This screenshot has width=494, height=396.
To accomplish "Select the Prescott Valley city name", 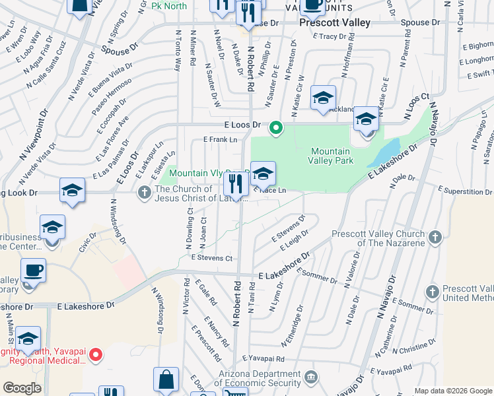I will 328,22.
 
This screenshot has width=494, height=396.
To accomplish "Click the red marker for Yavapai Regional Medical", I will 95,355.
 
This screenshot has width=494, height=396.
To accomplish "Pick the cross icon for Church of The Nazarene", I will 435,236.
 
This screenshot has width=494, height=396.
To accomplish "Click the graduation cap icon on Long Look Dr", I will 72,191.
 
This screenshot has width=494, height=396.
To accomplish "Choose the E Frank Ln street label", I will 220,139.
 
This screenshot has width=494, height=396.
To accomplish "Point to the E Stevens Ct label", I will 211,258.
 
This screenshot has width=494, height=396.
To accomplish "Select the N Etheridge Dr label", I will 293,326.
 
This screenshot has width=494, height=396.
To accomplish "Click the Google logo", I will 22,388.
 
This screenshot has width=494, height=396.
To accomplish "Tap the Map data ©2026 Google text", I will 453,391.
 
